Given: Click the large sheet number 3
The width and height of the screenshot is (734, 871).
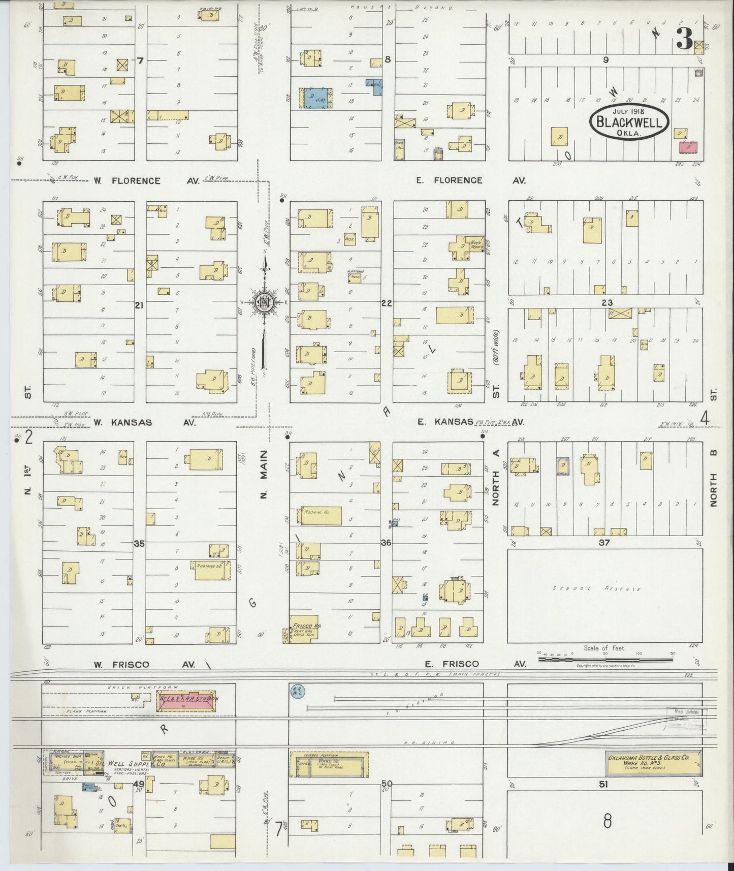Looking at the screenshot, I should point(684,39).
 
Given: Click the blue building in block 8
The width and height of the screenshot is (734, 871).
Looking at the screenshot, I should point(315,98).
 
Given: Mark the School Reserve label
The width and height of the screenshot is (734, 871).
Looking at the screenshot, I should point(596,589).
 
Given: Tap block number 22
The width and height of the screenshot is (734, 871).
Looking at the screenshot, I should point(387,303).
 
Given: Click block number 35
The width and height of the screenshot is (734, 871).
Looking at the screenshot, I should point(139,543).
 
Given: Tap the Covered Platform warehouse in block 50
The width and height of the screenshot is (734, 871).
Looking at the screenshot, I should point(329,764).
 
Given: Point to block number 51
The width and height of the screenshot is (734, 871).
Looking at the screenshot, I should point(603,785).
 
